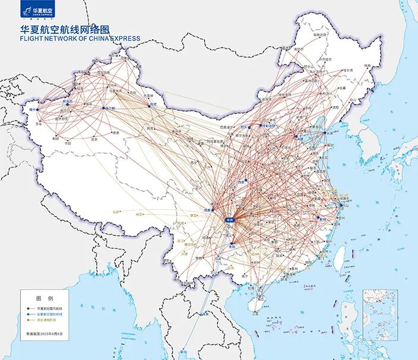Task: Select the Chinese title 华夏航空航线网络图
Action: click(65, 28)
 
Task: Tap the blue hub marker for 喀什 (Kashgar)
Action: click(34, 110)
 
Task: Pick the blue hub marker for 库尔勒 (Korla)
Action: click(106, 108)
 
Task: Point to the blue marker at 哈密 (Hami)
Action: click(151, 106)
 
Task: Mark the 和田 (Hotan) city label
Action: click(55, 138)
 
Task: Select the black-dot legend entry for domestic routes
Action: click(50, 310)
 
